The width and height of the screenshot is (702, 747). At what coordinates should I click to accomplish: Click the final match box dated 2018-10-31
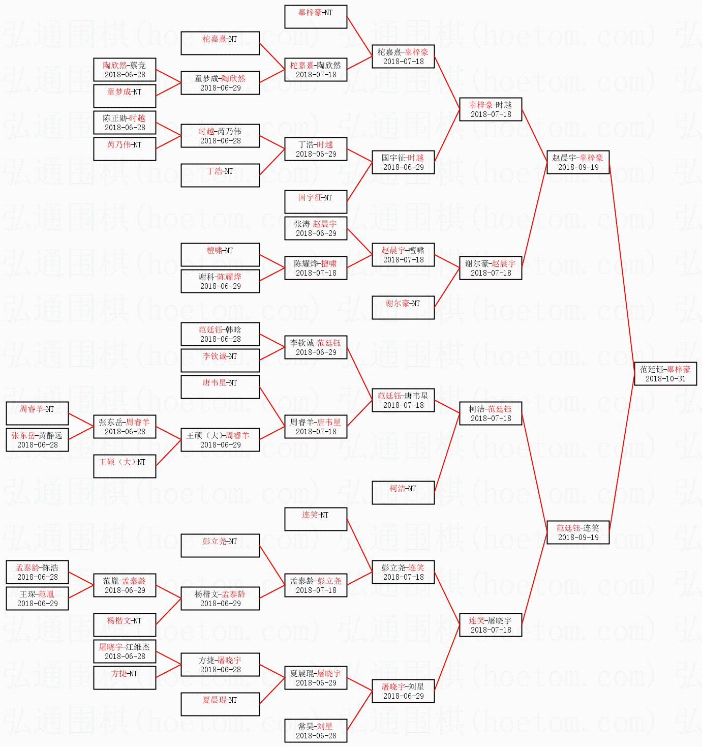[x=665, y=374]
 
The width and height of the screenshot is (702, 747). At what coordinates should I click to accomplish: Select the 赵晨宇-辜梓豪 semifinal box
[x=578, y=162]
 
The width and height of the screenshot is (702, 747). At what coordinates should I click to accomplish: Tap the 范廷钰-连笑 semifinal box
[x=578, y=532]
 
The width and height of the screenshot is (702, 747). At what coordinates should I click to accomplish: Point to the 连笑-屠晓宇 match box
[x=491, y=625]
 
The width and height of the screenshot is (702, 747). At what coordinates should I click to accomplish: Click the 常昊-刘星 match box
[x=316, y=731]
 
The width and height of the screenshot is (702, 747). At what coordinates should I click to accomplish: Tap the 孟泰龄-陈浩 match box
[x=37, y=572]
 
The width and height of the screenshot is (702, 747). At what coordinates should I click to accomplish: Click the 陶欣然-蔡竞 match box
[x=125, y=70]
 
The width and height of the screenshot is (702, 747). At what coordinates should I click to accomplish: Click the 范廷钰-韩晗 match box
[x=220, y=334]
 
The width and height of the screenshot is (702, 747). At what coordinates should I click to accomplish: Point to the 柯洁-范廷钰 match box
[x=491, y=413]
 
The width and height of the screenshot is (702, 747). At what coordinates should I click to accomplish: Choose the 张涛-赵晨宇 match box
[x=316, y=228]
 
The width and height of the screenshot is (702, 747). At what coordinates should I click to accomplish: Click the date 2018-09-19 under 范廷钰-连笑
[x=578, y=537]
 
